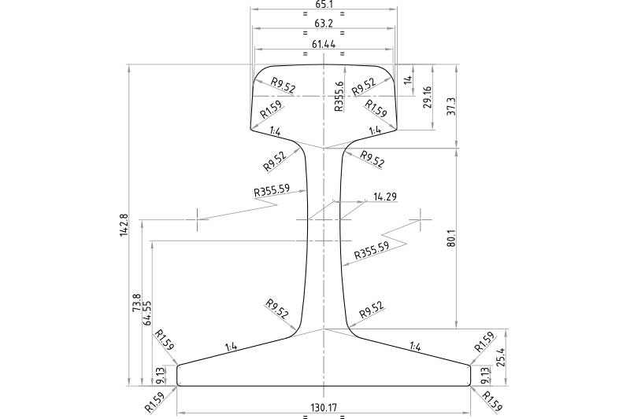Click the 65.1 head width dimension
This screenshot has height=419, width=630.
click(324, 4)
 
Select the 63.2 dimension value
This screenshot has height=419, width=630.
click(324, 24)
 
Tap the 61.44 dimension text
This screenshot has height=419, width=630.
click(324, 44)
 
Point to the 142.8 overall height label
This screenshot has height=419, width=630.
click(124, 225)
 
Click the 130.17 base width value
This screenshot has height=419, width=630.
click(324, 408)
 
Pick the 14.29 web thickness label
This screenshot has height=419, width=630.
click(385, 197)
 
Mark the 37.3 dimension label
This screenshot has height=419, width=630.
click(450, 107)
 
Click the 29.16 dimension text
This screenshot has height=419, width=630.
click(427, 97)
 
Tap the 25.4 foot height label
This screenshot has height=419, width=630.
click(500, 357)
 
